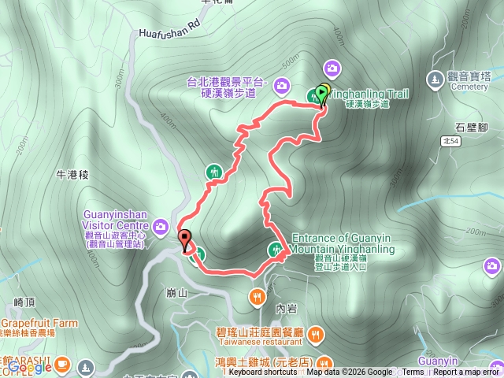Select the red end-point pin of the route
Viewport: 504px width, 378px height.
click(186, 239)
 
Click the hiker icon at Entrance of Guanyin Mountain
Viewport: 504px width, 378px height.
click(276, 250)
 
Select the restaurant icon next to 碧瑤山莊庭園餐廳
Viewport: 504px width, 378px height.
click(315, 333)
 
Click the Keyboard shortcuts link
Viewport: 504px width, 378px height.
click(262, 372)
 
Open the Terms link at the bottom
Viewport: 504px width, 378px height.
click(413, 372)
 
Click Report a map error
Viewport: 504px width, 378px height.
click(468, 372)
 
